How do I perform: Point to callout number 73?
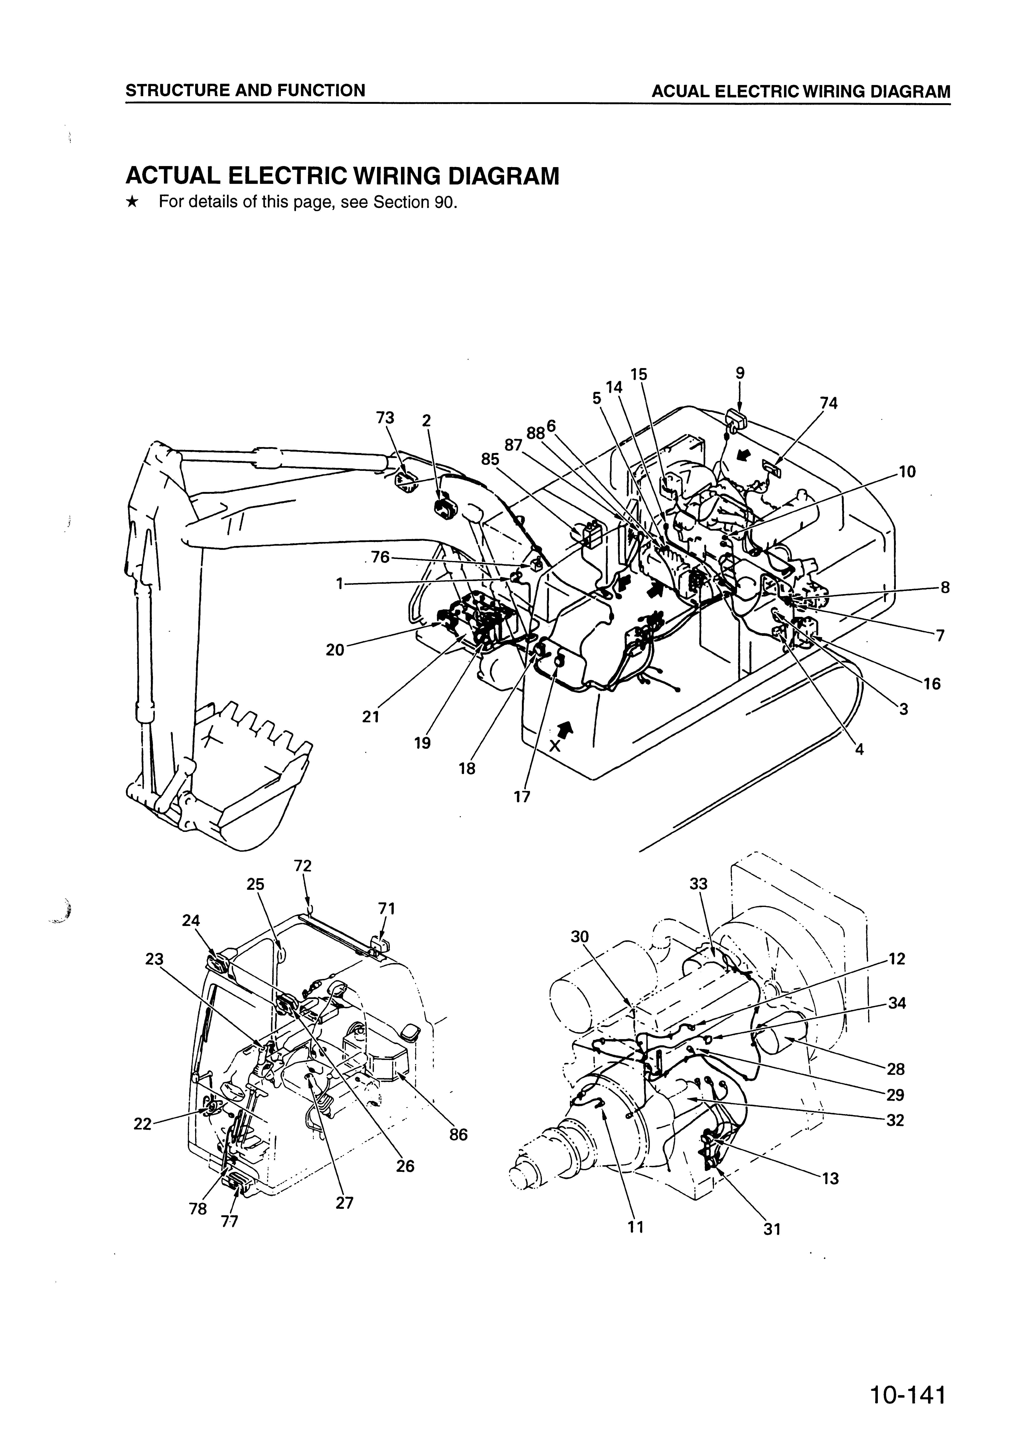coord(385,418)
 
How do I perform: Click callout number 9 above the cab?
coord(740,373)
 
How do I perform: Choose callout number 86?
coord(458,1134)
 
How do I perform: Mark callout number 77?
coord(230,1222)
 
